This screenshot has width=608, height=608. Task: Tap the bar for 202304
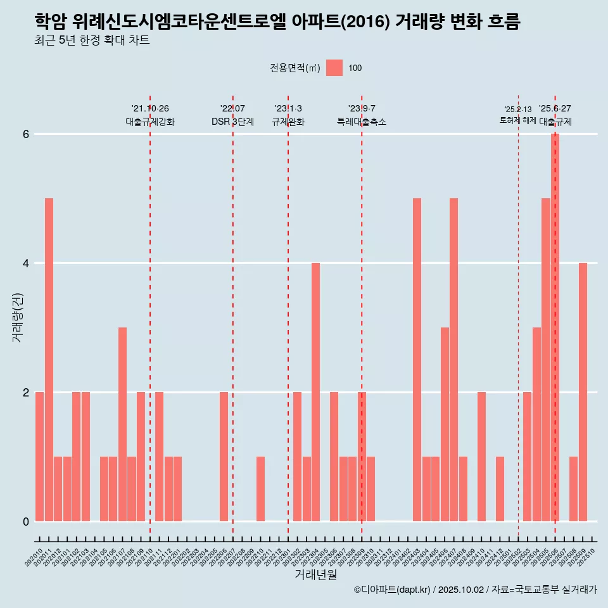315,392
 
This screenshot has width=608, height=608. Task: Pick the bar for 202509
583,392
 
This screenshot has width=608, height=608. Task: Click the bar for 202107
122,424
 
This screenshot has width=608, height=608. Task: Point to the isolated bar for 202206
224,457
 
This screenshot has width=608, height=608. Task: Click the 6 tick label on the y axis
26,134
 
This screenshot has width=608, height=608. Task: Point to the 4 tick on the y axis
26,263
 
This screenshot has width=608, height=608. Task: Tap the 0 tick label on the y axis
26,522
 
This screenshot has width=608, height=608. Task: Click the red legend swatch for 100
334,68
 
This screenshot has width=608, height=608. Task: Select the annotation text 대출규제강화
150,122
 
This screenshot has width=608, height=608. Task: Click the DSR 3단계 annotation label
232,122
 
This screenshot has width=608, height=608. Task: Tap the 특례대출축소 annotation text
362,122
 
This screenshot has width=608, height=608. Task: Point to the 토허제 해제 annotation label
517,120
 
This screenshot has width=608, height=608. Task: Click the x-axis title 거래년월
315,574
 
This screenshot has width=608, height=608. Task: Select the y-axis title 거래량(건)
17,317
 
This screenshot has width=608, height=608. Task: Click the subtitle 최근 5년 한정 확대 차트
92,41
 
